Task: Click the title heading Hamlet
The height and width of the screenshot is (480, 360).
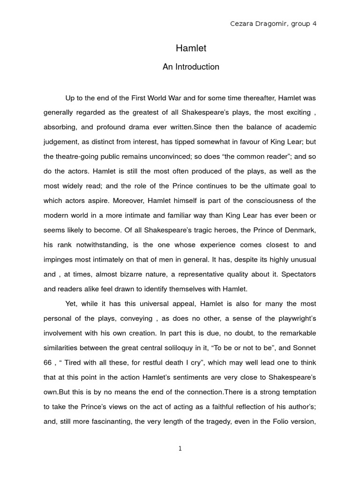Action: coord(191,48)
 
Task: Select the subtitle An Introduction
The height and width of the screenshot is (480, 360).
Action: coord(191,67)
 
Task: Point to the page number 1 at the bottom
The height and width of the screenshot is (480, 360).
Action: coord(180,449)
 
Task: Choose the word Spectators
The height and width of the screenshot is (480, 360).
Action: coord(295,274)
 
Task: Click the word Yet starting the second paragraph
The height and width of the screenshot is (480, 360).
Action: coord(71,304)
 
